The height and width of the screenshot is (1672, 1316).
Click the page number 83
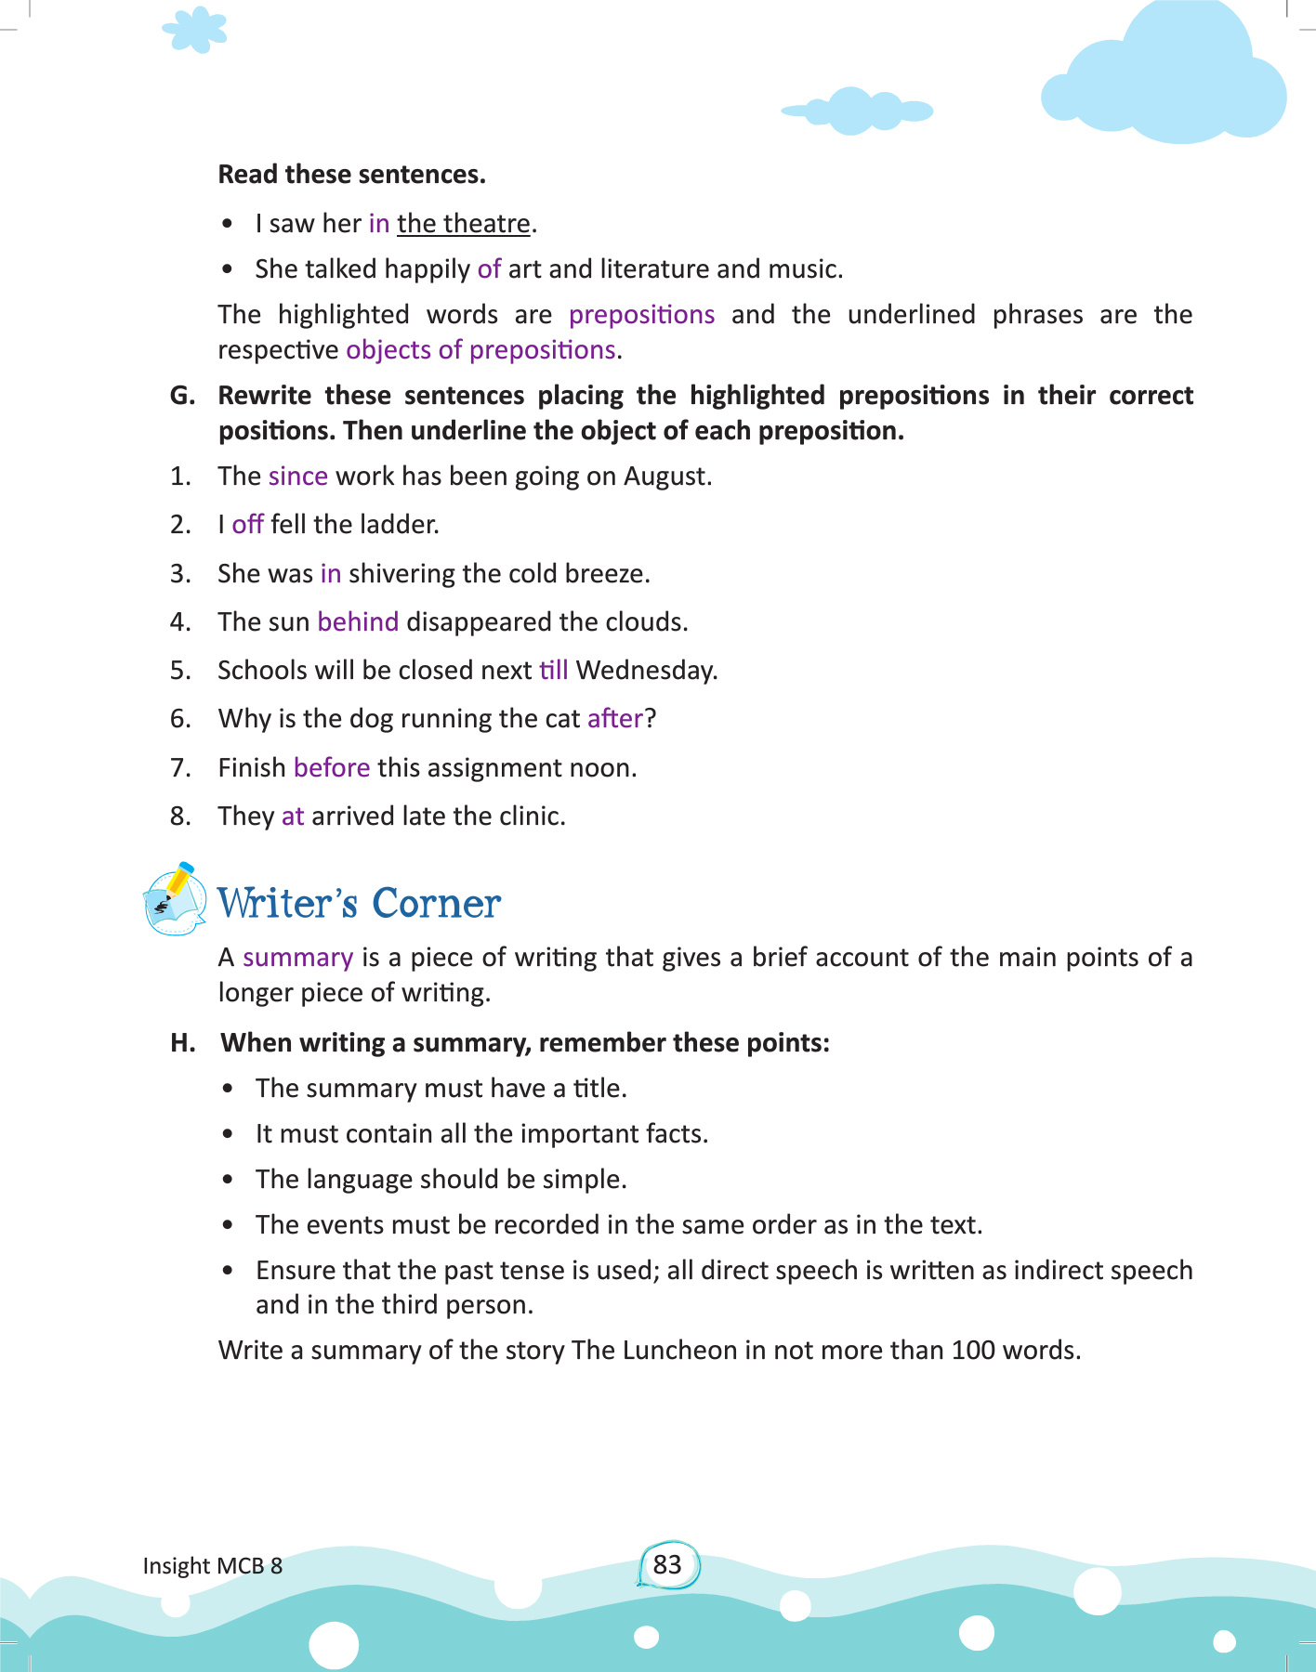click(667, 1565)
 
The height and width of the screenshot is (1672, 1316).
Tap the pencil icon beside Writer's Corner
click(175, 898)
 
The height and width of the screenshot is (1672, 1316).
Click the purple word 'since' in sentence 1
click(298, 477)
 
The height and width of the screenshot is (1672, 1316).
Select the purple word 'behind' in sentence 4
click(358, 621)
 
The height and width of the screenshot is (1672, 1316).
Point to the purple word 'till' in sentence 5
click(553, 670)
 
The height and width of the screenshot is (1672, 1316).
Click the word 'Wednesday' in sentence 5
click(645, 670)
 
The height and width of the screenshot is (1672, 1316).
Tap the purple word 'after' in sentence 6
click(615, 718)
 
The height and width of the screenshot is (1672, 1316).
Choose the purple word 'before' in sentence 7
click(332, 767)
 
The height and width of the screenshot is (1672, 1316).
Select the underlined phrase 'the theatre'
click(464, 224)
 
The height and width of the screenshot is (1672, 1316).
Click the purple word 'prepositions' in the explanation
click(641, 315)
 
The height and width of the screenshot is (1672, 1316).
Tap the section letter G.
click(182, 396)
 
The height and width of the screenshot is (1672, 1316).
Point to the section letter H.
click(183, 1042)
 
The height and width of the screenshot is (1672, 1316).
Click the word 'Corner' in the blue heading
click(436, 903)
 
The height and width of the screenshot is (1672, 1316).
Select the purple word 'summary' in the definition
click(297, 958)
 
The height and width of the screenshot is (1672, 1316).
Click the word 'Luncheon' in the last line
click(679, 1350)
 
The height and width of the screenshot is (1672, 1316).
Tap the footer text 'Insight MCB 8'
click(212, 1566)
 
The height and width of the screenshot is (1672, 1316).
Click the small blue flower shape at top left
click(195, 30)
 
